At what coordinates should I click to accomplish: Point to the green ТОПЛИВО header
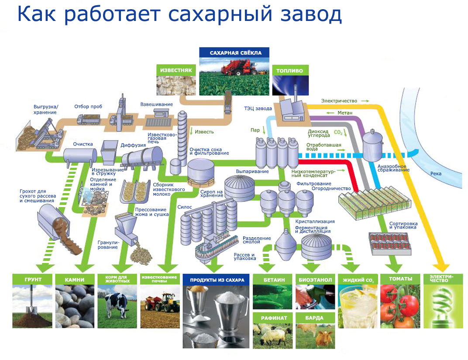point(289,70)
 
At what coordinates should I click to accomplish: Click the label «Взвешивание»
point(156,104)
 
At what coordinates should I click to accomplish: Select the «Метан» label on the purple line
point(344,113)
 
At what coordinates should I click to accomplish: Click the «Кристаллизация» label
point(315,222)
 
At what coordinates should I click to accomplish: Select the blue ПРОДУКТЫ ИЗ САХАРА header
point(217,280)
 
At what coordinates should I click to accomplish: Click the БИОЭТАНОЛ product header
point(315,280)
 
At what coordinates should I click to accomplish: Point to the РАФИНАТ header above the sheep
point(274,318)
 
